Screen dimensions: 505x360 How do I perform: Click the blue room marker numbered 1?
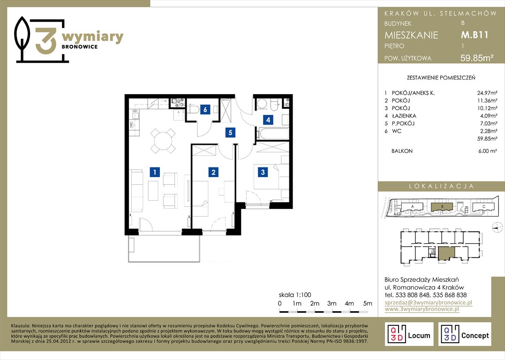[x=155, y=172]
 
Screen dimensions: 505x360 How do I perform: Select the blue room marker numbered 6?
[x=205, y=110]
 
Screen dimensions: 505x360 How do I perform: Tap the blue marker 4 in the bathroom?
[x=268, y=120]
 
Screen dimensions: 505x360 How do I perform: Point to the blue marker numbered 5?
[x=230, y=132]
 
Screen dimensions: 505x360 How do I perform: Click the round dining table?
[x=163, y=141]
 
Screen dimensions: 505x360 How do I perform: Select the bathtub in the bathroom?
[x=273, y=134]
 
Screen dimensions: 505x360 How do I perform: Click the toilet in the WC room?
[x=194, y=110]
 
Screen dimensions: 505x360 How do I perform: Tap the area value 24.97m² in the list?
[x=487, y=93]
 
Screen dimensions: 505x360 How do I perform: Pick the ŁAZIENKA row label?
[x=404, y=116]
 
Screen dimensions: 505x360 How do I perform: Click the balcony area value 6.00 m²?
[x=488, y=150]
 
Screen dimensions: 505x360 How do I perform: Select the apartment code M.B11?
[x=475, y=35]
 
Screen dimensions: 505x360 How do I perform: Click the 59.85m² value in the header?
[x=477, y=58]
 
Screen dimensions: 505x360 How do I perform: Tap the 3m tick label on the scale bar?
[x=332, y=303]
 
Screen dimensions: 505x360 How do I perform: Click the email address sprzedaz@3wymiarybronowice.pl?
[x=429, y=302]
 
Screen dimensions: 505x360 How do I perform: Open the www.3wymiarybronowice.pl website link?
[x=422, y=309]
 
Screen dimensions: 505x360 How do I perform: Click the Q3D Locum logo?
[x=409, y=334]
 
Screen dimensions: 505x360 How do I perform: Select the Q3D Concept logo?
[x=465, y=334]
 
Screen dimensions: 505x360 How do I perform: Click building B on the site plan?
[x=442, y=206]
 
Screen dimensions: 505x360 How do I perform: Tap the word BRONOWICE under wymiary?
[x=80, y=47]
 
